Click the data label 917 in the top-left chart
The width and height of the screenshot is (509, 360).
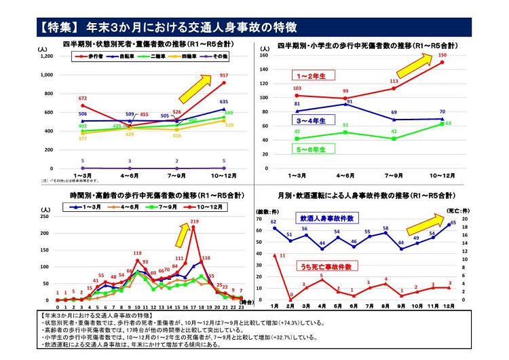point(223,75)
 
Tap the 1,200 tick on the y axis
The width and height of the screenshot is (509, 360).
point(47,56)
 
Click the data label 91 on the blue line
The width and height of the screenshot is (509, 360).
point(350,103)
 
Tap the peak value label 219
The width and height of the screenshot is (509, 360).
point(195,222)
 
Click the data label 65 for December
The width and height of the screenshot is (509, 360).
point(453,223)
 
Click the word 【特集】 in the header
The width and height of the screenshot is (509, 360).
point(59,28)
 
